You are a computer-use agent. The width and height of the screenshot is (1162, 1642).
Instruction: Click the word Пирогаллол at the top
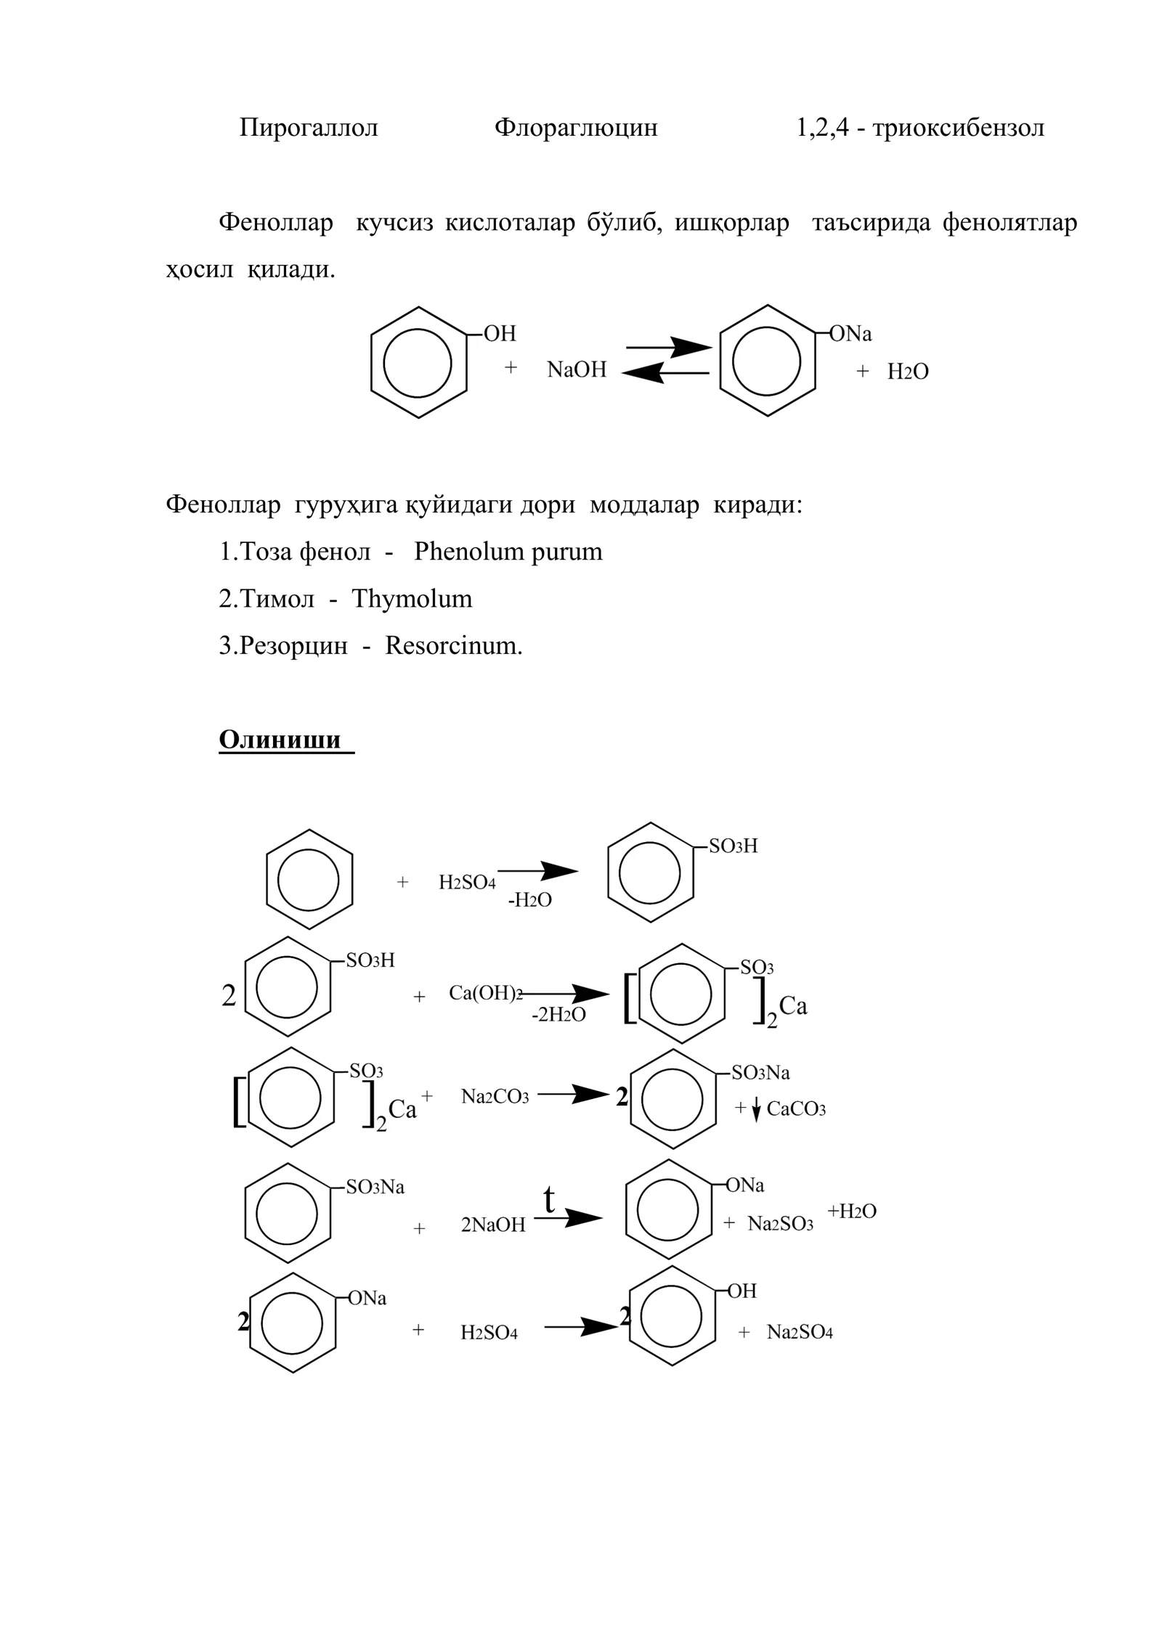[309, 128]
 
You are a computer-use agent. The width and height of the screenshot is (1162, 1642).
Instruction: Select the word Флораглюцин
[576, 128]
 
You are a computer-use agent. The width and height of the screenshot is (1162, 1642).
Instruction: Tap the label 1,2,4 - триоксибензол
[920, 128]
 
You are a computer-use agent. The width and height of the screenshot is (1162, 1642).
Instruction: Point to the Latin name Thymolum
[412, 599]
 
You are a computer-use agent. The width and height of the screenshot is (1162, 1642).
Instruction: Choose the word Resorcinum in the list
[454, 645]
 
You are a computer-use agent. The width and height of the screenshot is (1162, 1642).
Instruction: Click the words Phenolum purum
[508, 552]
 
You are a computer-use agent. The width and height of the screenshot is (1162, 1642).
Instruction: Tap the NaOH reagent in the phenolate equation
[577, 369]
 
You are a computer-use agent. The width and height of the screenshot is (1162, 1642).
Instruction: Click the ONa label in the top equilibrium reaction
[850, 334]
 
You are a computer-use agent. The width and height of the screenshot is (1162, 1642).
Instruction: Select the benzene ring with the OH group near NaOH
[419, 362]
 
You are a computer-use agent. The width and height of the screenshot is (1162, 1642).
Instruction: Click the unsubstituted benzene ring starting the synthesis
[309, 880]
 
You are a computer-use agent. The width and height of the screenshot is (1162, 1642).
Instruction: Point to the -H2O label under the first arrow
[529, 901]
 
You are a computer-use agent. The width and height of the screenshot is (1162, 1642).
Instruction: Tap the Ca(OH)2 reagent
[486, 994]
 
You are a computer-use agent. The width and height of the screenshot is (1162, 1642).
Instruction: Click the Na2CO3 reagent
[495, 1097]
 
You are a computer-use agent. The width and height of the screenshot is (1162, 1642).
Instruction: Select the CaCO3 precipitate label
[796, 1109]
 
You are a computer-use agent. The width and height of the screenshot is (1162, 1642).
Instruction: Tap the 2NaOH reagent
[493, 1225]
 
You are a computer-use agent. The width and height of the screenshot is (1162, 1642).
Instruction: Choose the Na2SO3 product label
[781, 1224]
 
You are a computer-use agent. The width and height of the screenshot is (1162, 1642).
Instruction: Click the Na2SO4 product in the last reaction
[800, 1333]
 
